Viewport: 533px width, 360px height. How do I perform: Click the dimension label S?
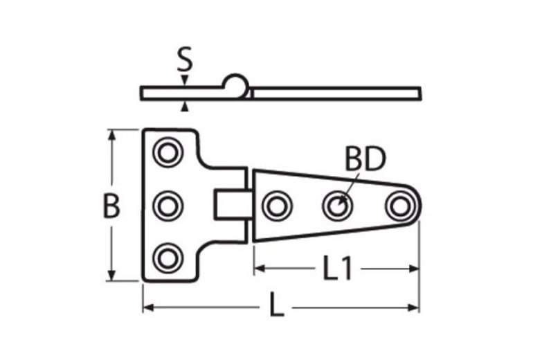184,61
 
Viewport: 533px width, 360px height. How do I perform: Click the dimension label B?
111,206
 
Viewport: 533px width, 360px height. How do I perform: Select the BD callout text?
364,161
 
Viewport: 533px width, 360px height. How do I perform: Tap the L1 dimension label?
337,269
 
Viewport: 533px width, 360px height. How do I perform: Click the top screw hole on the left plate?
166,152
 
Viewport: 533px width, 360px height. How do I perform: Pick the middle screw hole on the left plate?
166,205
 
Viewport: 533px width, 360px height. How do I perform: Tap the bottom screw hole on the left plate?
166,258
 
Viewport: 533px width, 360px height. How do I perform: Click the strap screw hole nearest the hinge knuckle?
277,205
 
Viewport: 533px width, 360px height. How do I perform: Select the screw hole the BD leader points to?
338,205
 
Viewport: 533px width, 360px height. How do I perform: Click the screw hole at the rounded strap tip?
399,205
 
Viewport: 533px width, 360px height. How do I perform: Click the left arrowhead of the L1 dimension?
258,269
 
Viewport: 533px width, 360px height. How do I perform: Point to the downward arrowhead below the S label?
184,82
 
